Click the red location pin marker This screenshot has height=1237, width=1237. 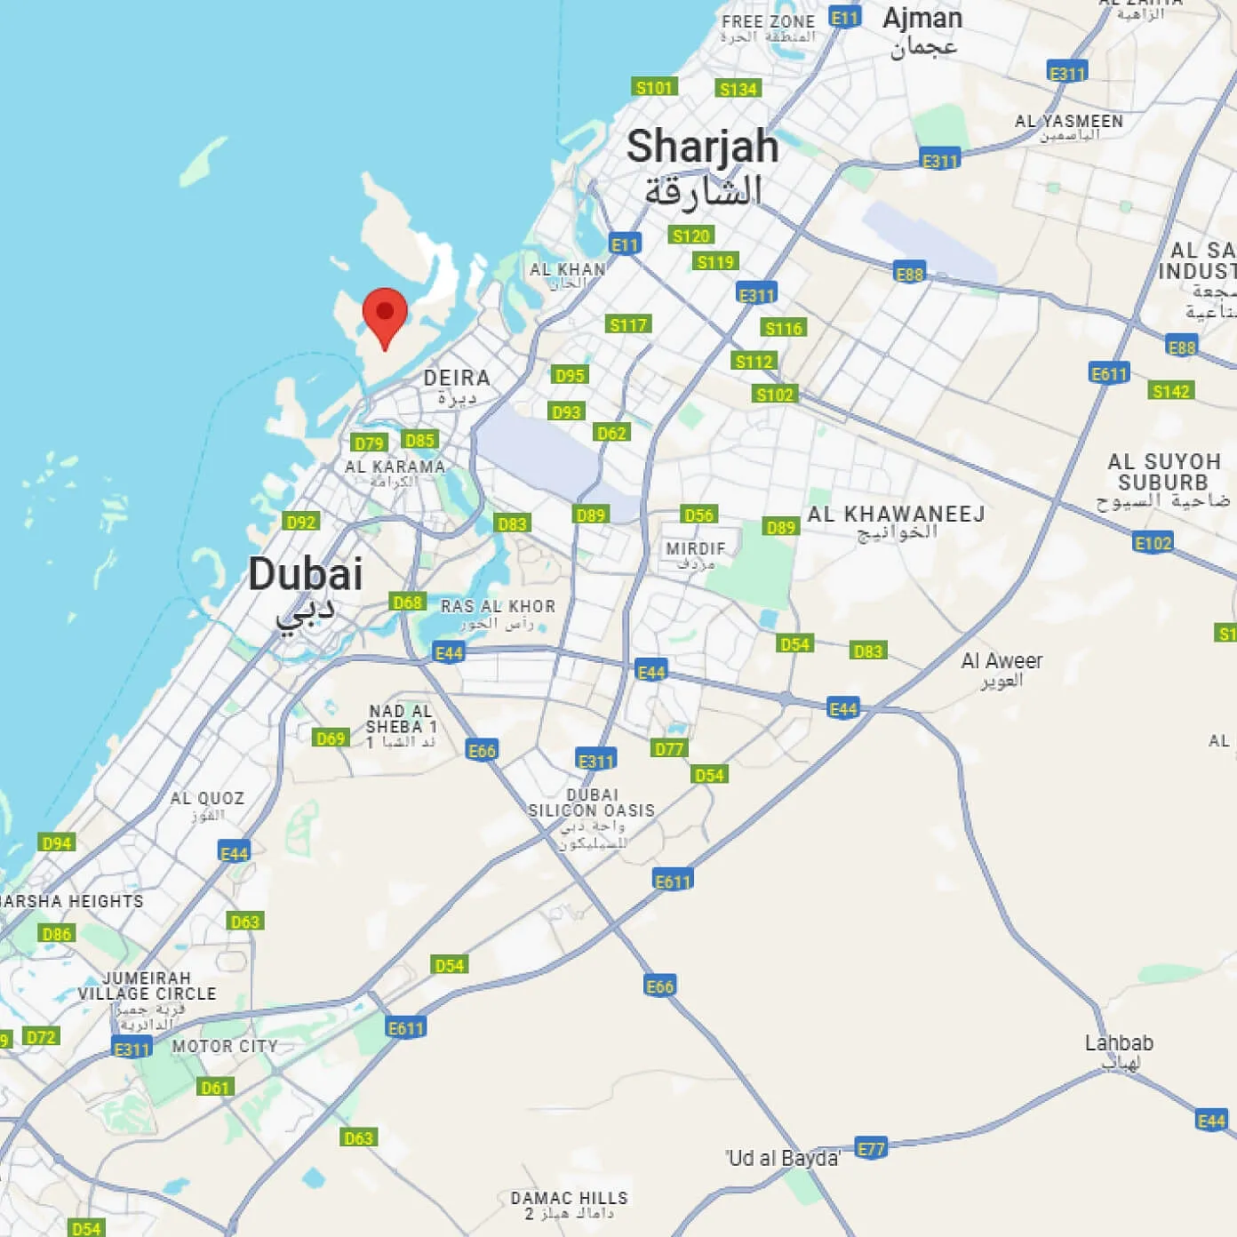tap(385, 315)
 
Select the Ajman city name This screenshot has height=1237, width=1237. tap(922, 20)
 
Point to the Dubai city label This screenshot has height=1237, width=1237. tap(305, 574)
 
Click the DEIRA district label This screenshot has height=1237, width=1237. tap(456, 379)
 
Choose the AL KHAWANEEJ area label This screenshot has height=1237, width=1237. tap(896, 515)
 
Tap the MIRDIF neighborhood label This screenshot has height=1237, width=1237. tap(695, 549)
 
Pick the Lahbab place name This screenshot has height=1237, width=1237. tap(1119, 1043)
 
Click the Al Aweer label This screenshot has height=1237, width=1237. tap(1002, 661)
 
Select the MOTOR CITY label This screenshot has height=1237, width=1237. tap(225, 1047)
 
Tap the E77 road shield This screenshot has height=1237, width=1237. tap(871, 1148)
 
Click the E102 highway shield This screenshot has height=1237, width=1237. tap(1153, 543)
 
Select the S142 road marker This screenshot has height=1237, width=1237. tap(1170, 391)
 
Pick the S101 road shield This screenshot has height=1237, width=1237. tap(654, 87)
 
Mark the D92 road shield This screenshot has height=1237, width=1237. tap(301, 522)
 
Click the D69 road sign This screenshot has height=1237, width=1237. tap(331, 738)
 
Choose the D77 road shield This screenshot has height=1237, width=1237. tap(669, 749)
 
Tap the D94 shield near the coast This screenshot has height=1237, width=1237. tap(57, 842)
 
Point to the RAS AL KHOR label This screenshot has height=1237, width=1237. tap(498, 607)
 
